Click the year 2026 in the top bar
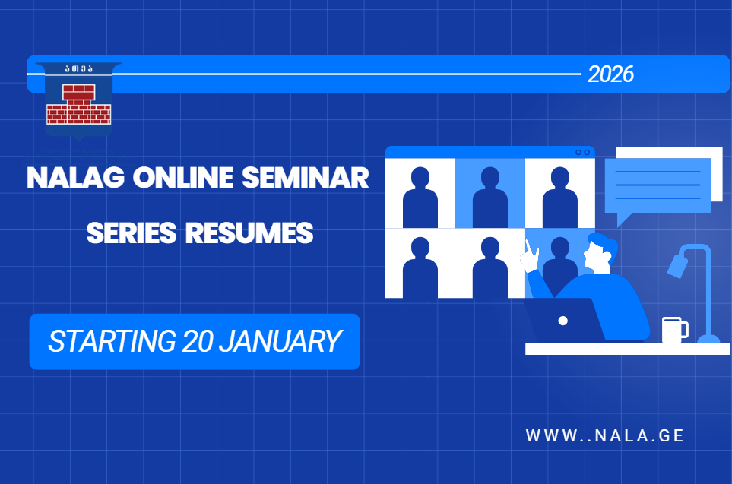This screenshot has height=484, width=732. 610,74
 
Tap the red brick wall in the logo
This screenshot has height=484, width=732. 79,105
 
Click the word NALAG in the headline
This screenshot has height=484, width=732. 76,178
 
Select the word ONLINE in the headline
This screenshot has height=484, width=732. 183,178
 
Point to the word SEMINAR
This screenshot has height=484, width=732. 306,178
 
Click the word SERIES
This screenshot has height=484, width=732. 132,233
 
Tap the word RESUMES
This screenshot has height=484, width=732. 249,233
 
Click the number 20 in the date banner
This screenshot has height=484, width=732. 198,341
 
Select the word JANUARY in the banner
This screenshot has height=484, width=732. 280,341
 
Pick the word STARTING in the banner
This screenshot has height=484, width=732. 112,341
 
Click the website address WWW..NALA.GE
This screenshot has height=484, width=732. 604,435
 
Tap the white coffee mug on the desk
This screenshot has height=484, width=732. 675,330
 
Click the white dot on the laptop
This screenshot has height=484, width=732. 563,321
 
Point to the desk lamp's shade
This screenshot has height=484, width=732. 678,264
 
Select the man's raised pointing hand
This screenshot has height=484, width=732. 531,257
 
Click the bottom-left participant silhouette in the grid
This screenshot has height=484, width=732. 420,267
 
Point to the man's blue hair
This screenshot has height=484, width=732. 604,242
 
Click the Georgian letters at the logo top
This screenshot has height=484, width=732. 79,69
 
